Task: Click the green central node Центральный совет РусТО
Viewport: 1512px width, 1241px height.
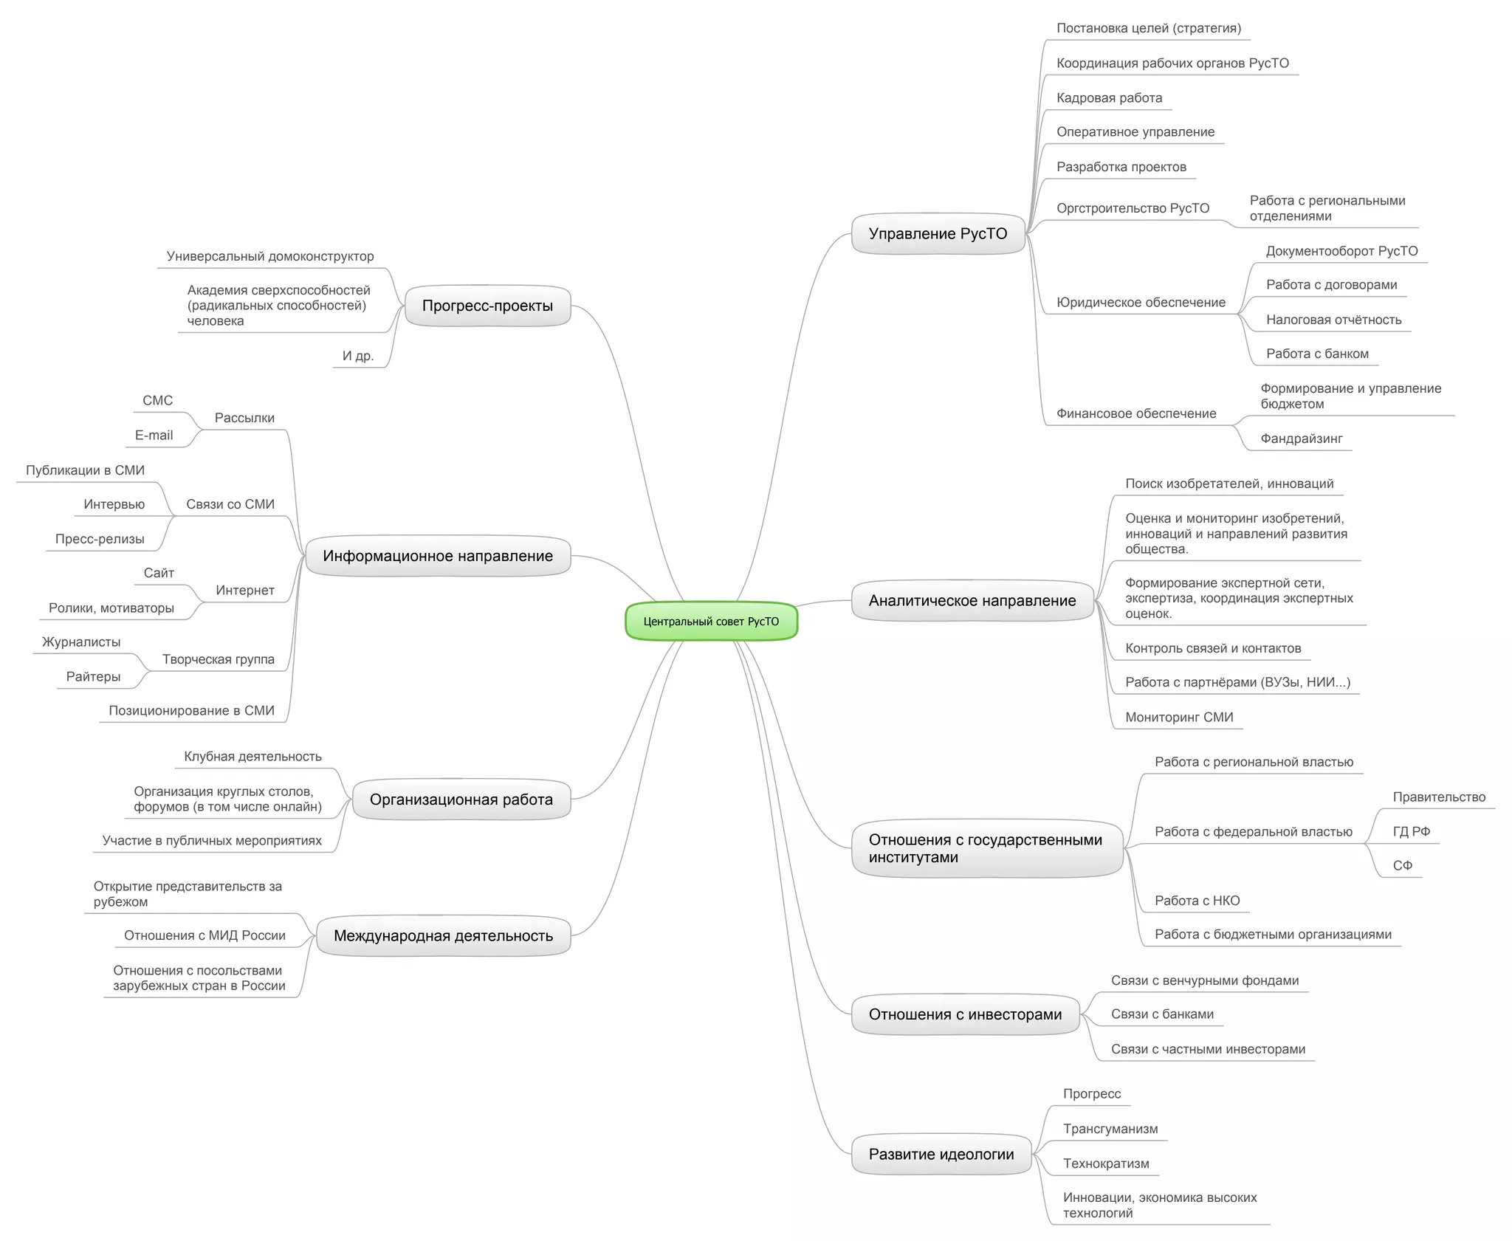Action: tap(711, 621)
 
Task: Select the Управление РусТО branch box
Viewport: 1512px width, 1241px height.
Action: tap(938, 234)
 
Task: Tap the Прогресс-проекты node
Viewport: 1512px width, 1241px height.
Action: tap(487, 306)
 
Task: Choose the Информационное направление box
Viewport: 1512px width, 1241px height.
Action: tap(437, 556)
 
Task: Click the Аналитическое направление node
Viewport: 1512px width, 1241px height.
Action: tap(972, 601)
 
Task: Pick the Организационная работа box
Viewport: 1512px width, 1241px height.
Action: tap(461, 800)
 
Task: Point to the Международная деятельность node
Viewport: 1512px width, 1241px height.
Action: tap(443, 936)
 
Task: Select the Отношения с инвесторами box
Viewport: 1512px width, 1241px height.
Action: tap(965, 1014)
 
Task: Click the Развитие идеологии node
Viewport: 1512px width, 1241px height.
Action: tap(941, 1155)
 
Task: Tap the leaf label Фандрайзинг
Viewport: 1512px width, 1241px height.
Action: tap(1301, 439)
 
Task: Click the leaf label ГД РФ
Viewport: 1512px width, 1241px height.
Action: tap(1411, 832)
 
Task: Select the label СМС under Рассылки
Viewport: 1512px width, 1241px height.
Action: tap(157, 401)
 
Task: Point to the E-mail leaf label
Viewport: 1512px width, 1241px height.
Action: tap(154, 436)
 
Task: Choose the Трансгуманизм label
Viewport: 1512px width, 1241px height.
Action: tap(1110, 1129)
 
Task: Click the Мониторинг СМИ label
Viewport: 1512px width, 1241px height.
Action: tap(1178, 717)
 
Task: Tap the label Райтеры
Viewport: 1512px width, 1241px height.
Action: tap(93, 677)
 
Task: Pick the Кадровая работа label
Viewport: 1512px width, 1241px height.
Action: tap(1109, 98)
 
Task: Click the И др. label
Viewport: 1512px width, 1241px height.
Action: tap(358, 356)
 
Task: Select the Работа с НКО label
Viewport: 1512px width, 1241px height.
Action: tap(1197, 901)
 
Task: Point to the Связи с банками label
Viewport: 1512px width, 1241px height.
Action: tap(1162, 1014)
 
